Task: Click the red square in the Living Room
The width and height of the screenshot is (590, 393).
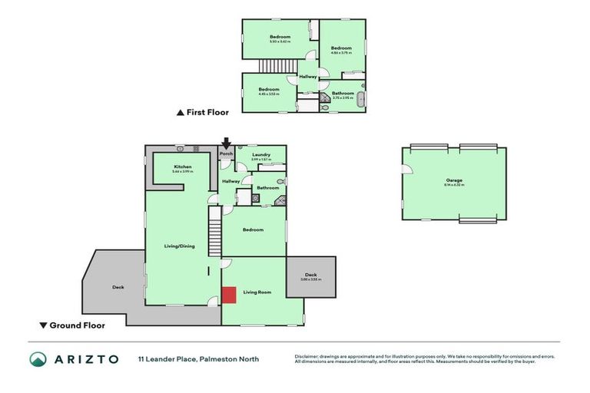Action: click(x=229, y=295)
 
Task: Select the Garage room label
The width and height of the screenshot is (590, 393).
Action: click(x=453, y=180)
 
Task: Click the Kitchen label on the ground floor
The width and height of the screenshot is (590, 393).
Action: click(x=182, y=167)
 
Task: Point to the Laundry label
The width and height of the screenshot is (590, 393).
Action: click(x=261, y=155)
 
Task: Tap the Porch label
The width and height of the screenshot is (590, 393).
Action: click(x=226, y=154)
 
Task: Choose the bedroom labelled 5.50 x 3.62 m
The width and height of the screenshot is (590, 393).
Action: click(x=280, y=38)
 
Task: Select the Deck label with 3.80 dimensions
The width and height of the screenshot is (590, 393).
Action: click(x=310, y=275)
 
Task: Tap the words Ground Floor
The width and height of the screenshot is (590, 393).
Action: click(x=77, y=325)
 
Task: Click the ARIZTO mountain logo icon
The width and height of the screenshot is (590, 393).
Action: click(x=38, y=359)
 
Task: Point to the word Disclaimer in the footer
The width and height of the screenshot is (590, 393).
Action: click(x=307, y=356)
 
